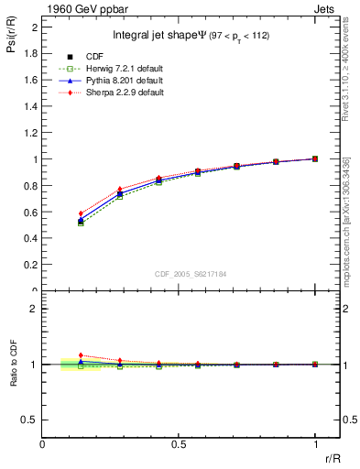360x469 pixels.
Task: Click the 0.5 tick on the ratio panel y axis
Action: click(x=30, y=420)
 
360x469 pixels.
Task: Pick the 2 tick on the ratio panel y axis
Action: click(x=34, y=309)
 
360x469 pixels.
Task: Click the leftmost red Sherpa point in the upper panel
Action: click(x=81, y=213)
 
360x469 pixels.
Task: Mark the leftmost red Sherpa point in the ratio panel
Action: click(x=81, y=355)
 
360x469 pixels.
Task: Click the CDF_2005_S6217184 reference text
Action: click(x=190, y=273)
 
